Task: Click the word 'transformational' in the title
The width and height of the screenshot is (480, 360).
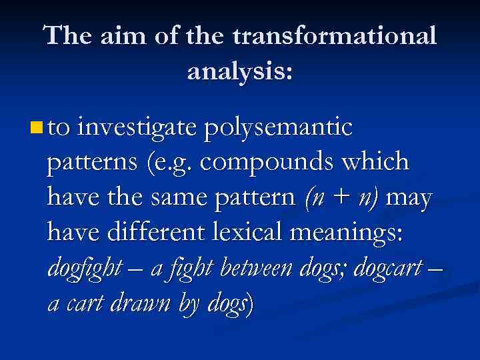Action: pyautogui.click(x=335, y=36)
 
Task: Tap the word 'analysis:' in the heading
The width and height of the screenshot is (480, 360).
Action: pyautogui.click(x=240, y=70)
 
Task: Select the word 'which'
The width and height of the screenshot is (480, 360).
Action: pyautogui.click(x=375, y=162)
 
